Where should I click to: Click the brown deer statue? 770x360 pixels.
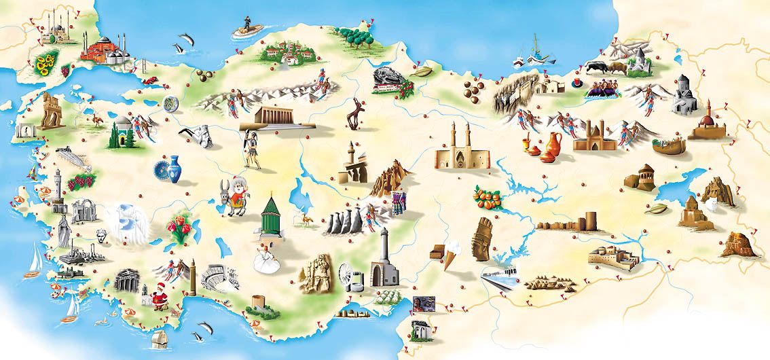[355, 112]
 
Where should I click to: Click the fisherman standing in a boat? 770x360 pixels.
[246, 27]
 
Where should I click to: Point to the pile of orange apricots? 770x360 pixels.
[488, 197]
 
